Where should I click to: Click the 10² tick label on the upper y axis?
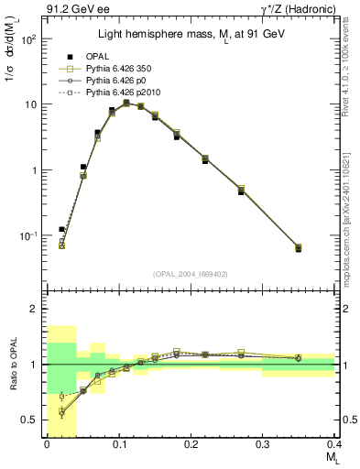click(x=28, y=39)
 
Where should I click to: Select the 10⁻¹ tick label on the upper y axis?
click(x=28, y=236)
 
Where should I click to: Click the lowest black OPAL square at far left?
click(x=61, y=229)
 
